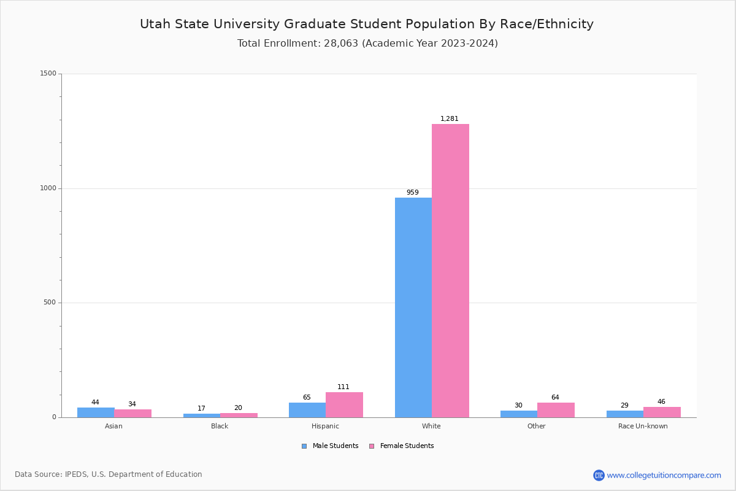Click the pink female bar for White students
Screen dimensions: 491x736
point(450,271)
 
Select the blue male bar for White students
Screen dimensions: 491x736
point(413,307)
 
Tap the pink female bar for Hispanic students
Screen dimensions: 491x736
point(344,405)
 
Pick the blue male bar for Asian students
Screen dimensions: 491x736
point(96,412)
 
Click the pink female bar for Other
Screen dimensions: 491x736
point(556,410)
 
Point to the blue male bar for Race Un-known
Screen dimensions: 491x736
point(625,414)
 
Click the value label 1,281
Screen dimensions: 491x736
point(450,119)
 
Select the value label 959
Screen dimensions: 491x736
point(413,193)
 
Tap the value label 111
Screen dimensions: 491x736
point(343,387)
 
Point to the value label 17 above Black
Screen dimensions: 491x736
point(202,409)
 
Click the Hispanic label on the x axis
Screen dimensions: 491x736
point(325,426)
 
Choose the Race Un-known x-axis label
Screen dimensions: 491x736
point(643,426)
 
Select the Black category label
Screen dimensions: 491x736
point(220,426)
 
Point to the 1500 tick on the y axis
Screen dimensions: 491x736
point(48,74)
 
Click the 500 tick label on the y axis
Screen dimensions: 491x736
point(50,303)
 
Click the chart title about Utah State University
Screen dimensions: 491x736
point(367,25)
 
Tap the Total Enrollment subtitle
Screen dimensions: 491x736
point(367,44)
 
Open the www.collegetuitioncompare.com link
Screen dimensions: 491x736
point(664,475)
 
